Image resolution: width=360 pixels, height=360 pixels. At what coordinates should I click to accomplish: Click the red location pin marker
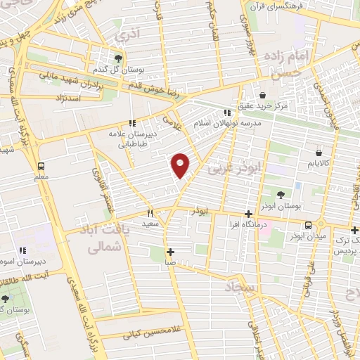pos(181,165)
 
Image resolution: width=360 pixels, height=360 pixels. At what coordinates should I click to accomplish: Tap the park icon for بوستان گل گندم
pos(118,59)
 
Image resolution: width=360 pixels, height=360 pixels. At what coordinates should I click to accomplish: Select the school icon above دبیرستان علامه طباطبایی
pos(132,123)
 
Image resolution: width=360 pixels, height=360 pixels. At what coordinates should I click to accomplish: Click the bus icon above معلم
pos(41,166)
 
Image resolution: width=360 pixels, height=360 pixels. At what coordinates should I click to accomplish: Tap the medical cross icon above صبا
pos(170,252)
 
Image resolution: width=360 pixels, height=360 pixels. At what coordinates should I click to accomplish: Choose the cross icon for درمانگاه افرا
pos(248,214)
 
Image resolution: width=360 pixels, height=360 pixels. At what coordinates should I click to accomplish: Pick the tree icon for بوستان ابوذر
pos(281,194)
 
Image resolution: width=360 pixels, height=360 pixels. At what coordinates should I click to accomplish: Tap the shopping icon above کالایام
pos(319,151)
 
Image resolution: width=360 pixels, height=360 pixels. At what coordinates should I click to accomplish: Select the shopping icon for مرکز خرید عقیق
pos(262,94)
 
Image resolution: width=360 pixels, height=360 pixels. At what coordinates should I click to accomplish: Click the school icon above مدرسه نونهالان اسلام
pos(226,112)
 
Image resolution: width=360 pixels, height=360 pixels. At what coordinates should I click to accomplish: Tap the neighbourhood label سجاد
pos(242,286)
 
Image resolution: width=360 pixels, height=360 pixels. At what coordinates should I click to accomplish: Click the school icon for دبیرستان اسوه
pos(22,250)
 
